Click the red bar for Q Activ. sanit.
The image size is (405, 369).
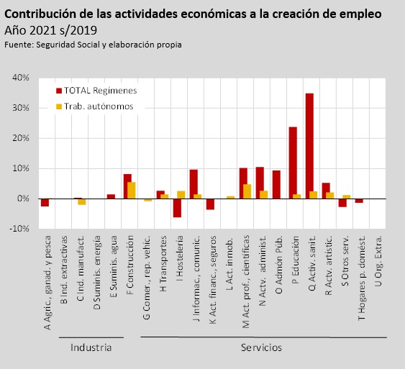pos(309,146)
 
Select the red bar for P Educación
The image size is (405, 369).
pos(293,163)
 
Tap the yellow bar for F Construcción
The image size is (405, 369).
pos(132,191)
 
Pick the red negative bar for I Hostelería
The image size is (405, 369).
pos(177,208)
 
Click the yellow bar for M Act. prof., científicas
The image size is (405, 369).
pos(247,191)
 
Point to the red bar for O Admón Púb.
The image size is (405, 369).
pos(276,184)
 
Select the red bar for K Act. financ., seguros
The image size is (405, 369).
pos(210,204)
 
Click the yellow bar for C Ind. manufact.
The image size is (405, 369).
pos(82,201)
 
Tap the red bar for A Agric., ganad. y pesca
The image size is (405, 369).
pos(45,202)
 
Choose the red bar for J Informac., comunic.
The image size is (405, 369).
pos(194,184)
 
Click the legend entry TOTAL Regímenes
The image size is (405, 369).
pos(96,91)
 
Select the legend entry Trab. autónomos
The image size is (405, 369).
pos(95,106)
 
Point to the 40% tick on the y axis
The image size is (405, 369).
pos(21,78)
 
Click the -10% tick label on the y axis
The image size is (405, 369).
pos(19,229)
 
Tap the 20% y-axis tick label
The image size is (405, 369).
pos(21,138)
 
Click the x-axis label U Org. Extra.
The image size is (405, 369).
pos(378,261)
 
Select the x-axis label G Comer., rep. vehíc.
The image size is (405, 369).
pos(147,278)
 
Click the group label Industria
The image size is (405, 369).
pos(91,347)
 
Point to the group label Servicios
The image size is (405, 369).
pos(261,347)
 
